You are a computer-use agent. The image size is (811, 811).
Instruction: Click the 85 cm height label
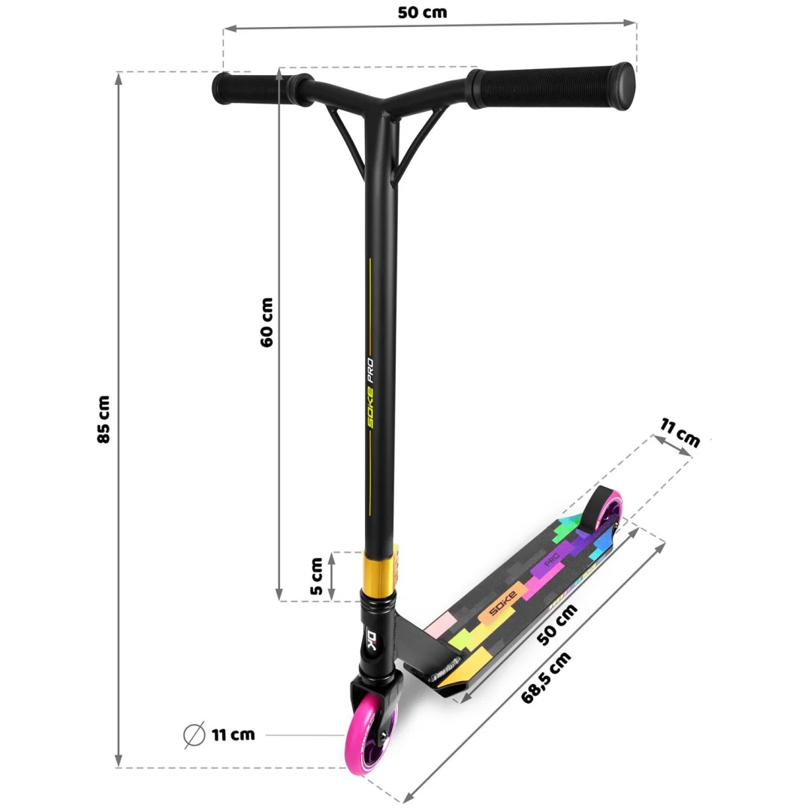click(x=104, y=420)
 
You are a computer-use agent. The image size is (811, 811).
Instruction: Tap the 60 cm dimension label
click(x=267, y=322)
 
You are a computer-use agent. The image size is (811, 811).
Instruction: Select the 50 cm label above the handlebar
click(x=422, y=13)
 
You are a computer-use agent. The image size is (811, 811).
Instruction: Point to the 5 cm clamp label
click(x=317, y=576)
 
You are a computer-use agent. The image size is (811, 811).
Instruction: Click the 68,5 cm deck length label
click(x=546, y=677)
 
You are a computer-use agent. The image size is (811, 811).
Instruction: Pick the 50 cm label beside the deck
click(x=556, y=624)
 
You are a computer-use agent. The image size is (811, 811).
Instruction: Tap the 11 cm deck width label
click(x=680, y=433)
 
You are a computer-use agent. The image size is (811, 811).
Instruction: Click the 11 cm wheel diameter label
click(x=234, y=734)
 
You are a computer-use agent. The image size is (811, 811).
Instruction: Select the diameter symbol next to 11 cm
click(x=194, y=734)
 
